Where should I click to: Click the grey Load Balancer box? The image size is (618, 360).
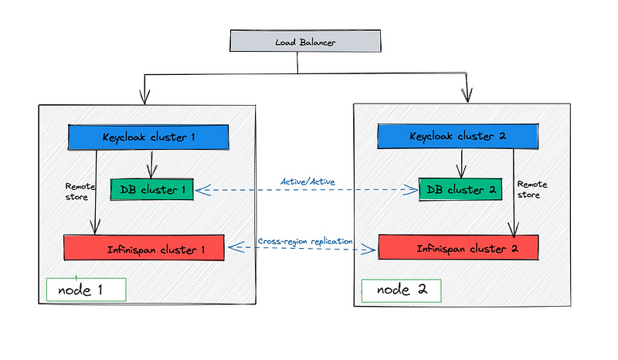(x=305, y=41)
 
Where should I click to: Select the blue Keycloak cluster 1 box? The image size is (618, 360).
(x=148, y=138)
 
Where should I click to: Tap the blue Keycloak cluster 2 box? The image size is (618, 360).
(x=457, y=136)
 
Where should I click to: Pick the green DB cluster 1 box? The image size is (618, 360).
(x=152, y=190)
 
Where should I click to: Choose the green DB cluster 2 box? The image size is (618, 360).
(x=460, y=189)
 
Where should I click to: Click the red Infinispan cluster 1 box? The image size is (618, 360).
(x=144, y=248)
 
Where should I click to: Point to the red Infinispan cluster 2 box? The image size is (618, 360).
(x=458, y=247)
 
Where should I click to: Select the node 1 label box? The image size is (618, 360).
(x=87, y=290)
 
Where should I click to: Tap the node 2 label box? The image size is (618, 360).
(x=401, y=291)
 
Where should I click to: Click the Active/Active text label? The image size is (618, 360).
(x=307, y=182)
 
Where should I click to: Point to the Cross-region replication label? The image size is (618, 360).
(x=305, y=241)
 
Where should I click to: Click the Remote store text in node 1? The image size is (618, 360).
(x=80, y=192)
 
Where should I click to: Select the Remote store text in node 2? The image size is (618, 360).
(x=532, y=189)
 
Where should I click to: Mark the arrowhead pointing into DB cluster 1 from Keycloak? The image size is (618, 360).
(x=151, y=172)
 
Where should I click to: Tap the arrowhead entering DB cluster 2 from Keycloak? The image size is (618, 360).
(x=461, y=172)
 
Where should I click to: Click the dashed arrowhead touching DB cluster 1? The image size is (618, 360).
(x=202, y=191)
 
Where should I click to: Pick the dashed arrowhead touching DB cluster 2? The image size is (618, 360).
(x=411, y=190)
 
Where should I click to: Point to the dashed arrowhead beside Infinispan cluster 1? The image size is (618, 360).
(x=236, y=247)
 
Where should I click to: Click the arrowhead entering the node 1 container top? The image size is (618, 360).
(x=144, y=97)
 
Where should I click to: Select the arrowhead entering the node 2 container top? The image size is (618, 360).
(x=467, y=96)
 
